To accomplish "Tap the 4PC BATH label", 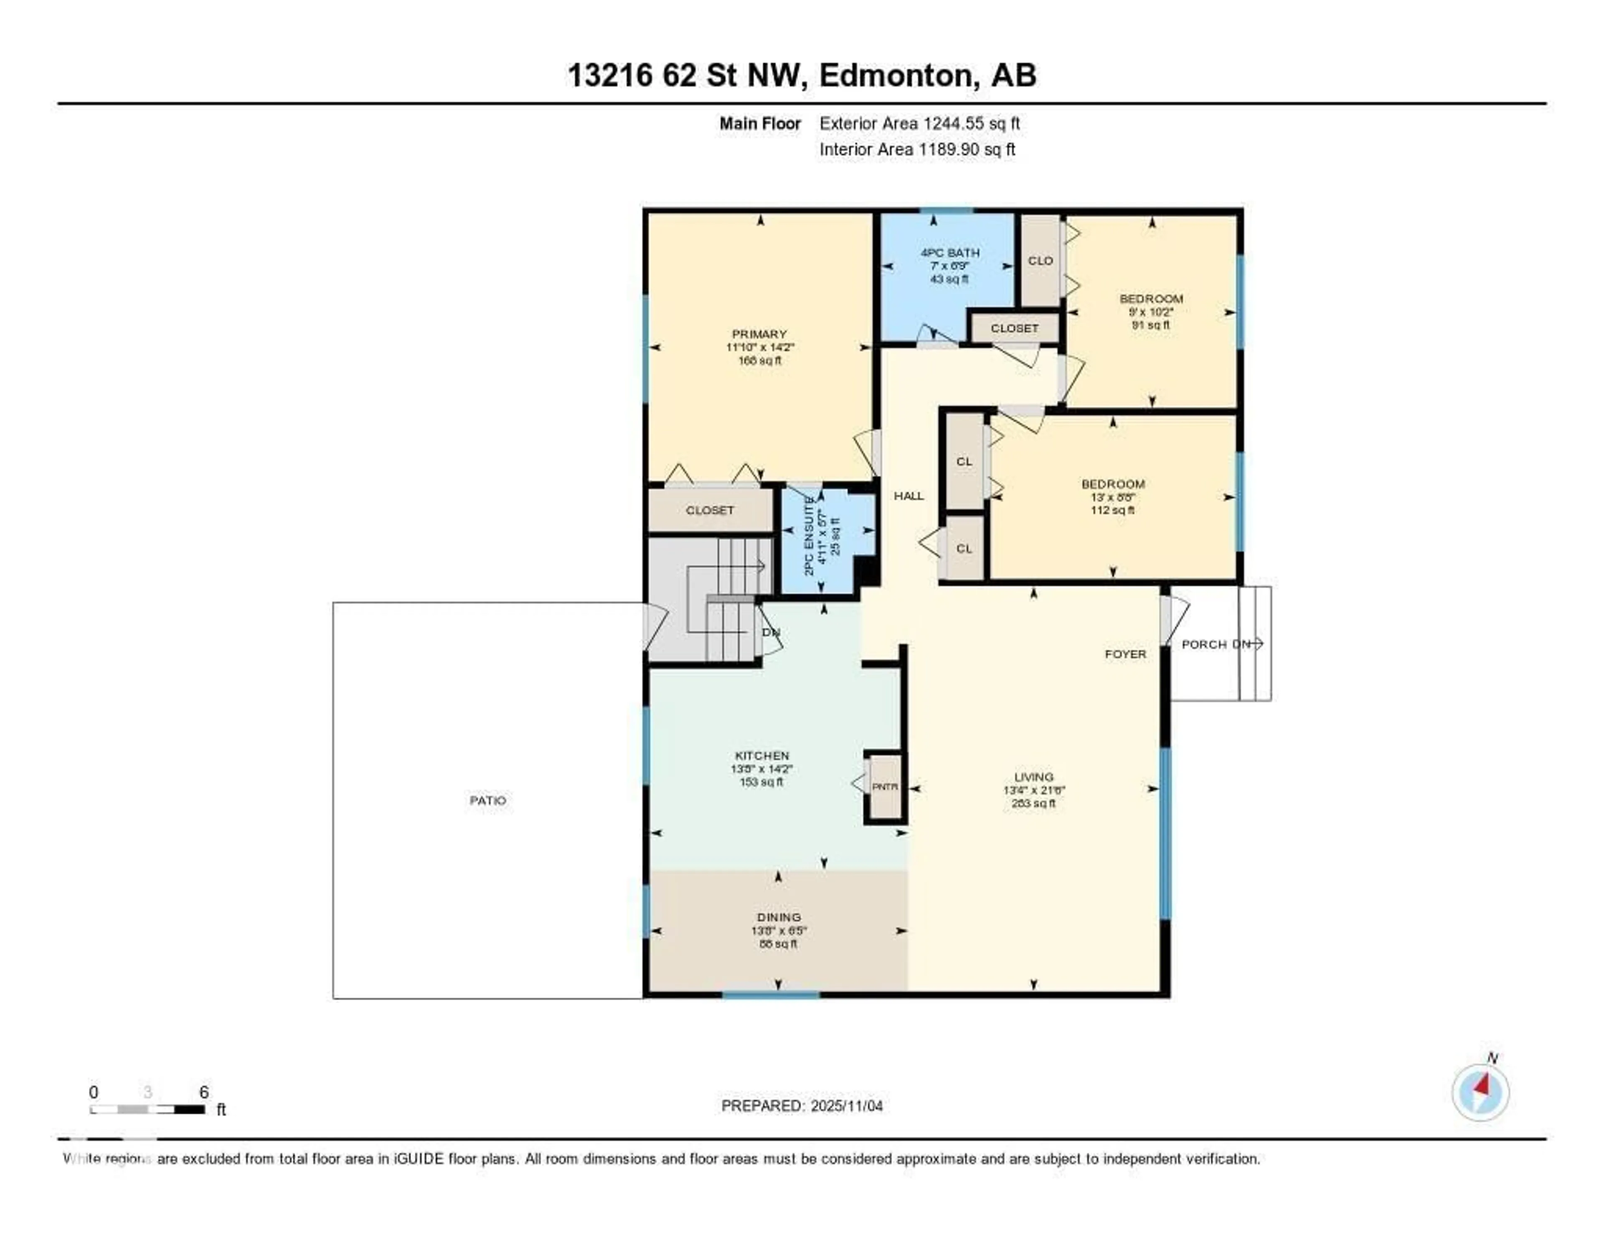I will click(x=949, y=253).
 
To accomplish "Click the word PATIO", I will click(x=487, y=800).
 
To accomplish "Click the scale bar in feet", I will click(x=147, y=1109).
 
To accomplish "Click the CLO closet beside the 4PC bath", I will click(x=1040, y=261).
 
